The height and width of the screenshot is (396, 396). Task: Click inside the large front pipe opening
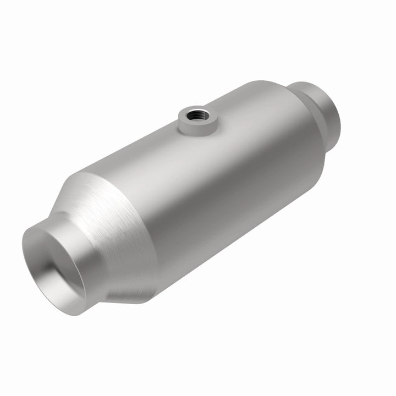(55, 269)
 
